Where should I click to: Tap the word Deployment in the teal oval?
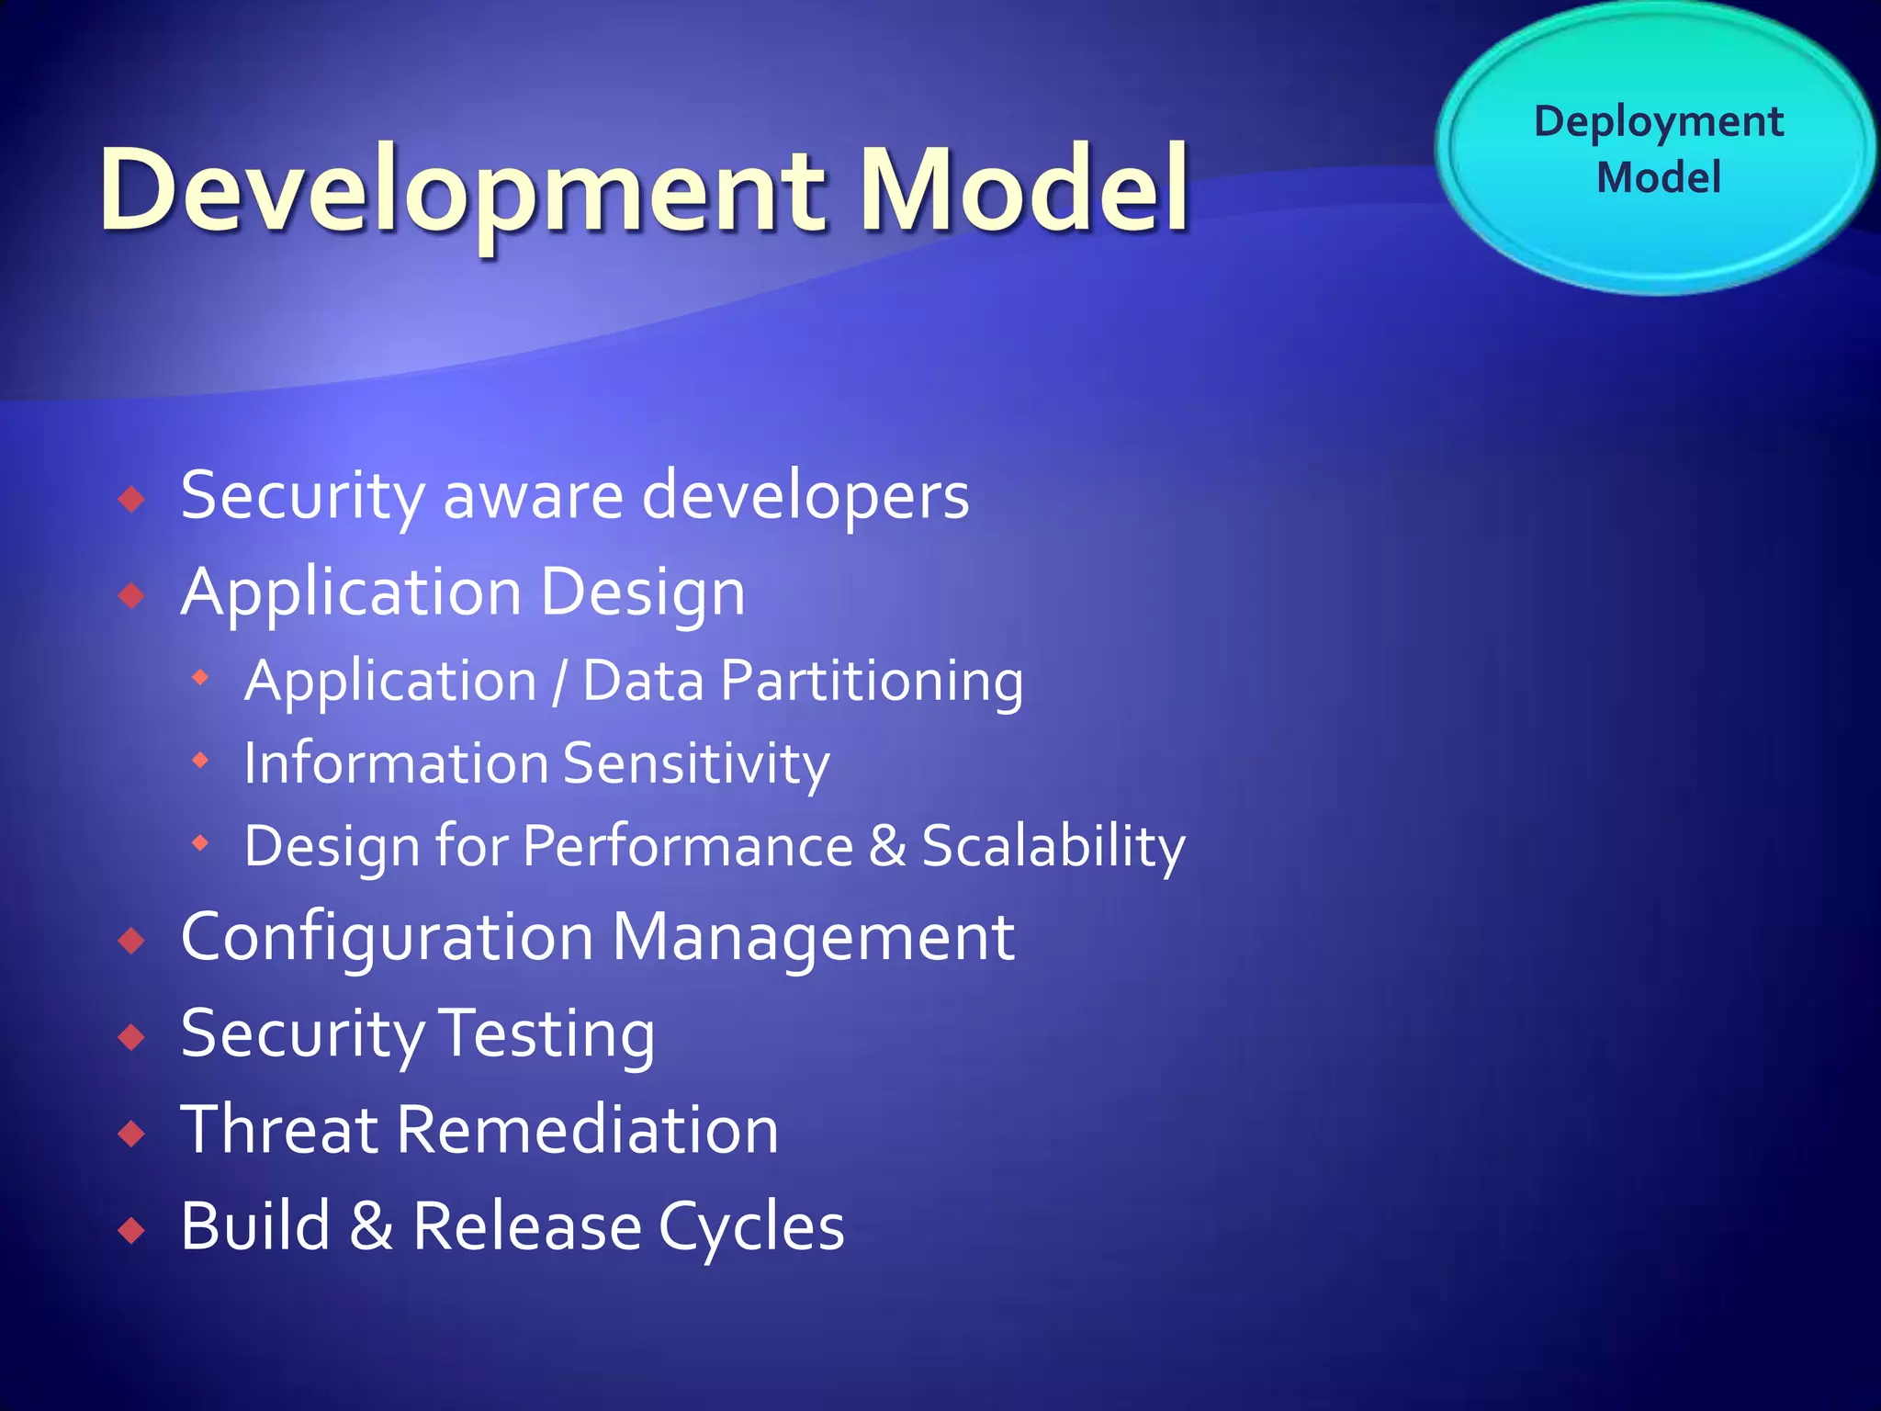tap(1659, 121)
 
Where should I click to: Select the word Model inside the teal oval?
tap(1659, 177)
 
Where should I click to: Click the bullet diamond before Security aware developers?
tap(132, 500)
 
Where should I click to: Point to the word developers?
tap(805, 496)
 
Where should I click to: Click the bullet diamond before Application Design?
tap(132, 596)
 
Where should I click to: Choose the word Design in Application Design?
tap(643, 593)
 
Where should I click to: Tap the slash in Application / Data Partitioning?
tap(559, 683)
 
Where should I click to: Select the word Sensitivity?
tap(696, 764)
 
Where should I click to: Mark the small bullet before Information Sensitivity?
tap(200, 761)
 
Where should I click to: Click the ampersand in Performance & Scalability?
tap(887, 845)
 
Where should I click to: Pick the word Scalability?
tap(1053, 846)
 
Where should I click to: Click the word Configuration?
tap(387, 939)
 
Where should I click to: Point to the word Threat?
tap(279, 1129)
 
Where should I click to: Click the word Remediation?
tap(588, 1129)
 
